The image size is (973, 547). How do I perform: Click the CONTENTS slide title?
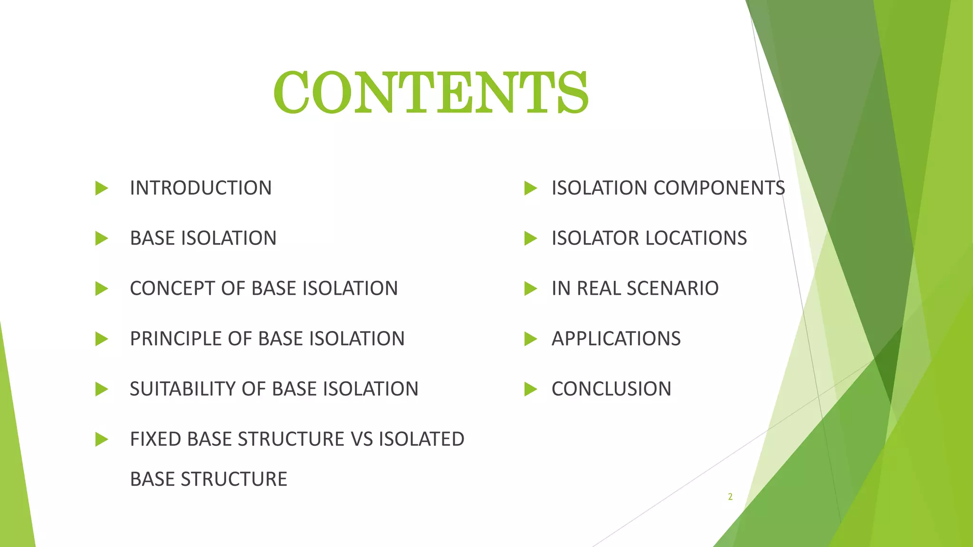tap(431, 92)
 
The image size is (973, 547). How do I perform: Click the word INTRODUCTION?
tap(200, 188)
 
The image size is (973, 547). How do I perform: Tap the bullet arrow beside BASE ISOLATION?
tap(101, 238)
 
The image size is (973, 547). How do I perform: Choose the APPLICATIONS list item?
tap(616, 339)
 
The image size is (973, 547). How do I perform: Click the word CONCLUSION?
tap(611, 389)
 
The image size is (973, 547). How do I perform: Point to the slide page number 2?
tap(730, 497)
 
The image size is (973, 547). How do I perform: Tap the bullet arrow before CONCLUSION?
tap(530, 389)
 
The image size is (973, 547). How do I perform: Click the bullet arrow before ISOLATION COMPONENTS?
tap(530, 189)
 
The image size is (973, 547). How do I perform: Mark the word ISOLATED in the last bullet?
tap(421, 439)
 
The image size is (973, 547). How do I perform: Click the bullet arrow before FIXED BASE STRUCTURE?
tap(101, 440)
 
